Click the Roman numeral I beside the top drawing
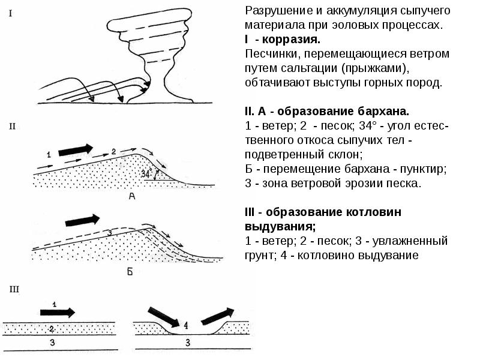[11, 14]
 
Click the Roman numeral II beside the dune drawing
[12, 127]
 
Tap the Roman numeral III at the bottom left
[14, 289]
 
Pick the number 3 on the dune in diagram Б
[110, 232]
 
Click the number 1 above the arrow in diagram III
[55, 304]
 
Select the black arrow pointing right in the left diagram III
[58, 313]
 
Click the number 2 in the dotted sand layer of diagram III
[52, 329]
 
